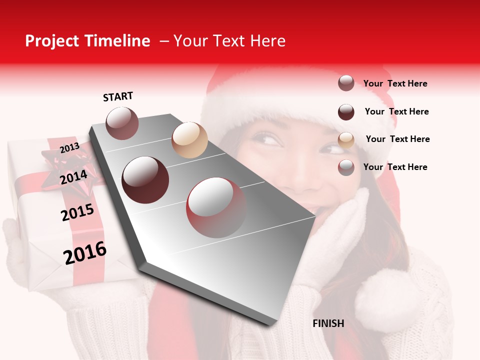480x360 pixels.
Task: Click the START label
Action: (118, 96)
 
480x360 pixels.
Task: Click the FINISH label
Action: (328, 323)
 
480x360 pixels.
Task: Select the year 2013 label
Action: (69, 147)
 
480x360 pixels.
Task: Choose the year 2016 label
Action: (85, 253)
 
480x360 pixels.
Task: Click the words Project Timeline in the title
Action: (87, 41)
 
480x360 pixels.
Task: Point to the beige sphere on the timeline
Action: (189, 140)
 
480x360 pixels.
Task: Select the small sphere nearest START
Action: (122, 123)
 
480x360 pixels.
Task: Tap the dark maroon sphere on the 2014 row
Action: (145, 179)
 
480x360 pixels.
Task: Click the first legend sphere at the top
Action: (346, 83)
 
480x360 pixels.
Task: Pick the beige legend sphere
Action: (346, 139)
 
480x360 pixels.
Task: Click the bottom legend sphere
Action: (346, 167)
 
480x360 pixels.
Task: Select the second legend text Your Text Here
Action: (396, 111)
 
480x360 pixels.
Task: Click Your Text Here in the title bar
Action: (229, 41)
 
